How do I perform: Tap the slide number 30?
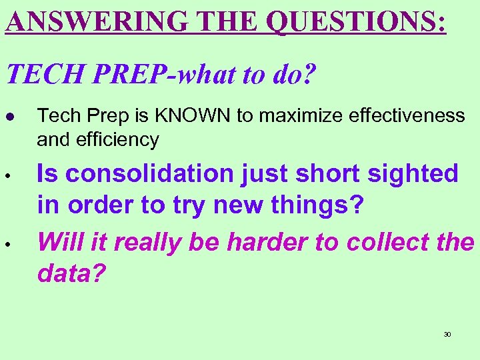tap(447, 334)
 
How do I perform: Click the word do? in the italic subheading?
tap(293, 75)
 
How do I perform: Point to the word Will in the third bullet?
tap(59, 243)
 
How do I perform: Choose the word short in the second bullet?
tap(328, 173)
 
